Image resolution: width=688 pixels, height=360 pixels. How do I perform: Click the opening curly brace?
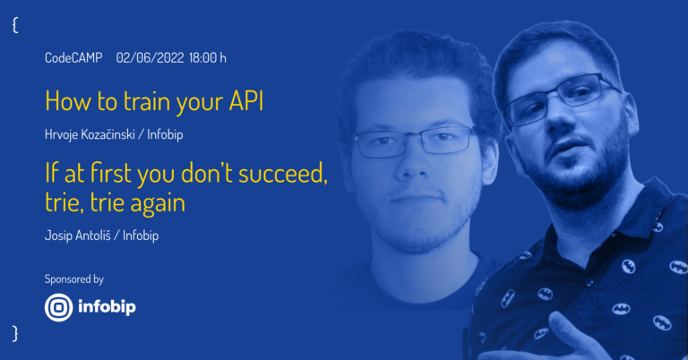tap(15, 25)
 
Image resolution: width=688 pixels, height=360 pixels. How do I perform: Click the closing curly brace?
tap(15, 333)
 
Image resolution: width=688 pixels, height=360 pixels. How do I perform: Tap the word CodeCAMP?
tap(73, 57)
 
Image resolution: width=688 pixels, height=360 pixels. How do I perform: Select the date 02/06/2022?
tap(150, 57)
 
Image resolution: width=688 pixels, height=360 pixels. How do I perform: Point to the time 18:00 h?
tap(208, 57)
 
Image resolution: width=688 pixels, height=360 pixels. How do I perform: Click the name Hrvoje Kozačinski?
tap(90, 134)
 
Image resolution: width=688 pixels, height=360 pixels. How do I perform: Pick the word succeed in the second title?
tap(283, 173)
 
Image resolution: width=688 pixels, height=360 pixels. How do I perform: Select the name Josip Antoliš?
tap(78, 236)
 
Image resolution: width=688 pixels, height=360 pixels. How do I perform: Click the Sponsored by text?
tap(73, 279)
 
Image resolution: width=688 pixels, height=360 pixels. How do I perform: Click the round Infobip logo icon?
tap(58, 307)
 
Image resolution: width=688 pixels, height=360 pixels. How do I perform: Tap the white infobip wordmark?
tap(107, 306)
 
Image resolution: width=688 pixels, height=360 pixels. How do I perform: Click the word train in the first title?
tap(148, 101)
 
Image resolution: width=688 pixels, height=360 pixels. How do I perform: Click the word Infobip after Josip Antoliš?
tap(141, 236)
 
